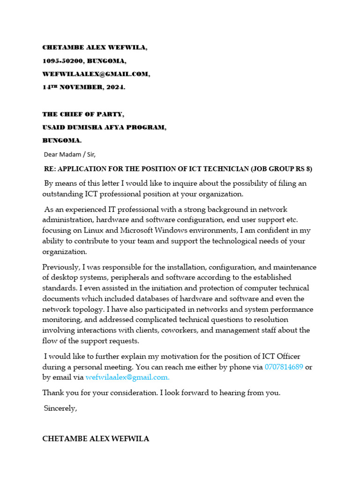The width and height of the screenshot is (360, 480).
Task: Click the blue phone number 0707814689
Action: coord(284,367)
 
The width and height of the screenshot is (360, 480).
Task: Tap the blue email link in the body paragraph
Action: coord(127,377)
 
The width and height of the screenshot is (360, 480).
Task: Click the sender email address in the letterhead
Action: coord(96,74)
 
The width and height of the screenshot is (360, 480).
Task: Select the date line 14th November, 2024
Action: coord(84,87)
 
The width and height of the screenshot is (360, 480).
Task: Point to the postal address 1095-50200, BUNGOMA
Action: coord(84,61)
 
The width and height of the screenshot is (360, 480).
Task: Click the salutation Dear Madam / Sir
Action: coord(69,154)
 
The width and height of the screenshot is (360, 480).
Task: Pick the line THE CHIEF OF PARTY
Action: coord(83,114)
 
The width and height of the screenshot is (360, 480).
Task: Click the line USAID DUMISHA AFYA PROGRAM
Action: coord(104,127)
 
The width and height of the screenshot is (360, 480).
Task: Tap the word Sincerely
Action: coord(60,408)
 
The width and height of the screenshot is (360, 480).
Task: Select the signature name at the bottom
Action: coord(96,439)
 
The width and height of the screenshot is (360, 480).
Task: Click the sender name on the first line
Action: coord(97,48)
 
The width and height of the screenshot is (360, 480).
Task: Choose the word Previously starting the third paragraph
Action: coord(61,267)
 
